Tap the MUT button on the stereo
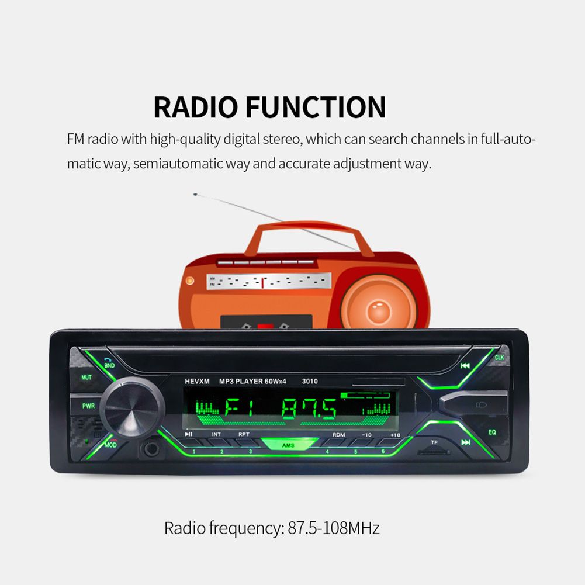point(86,378)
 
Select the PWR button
point(88,406)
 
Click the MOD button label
point(111,445)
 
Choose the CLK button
point(499,357)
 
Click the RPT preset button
point(244,435)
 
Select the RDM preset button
point(338,435)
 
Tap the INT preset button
point(216,435)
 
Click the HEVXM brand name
point(196,382)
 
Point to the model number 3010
point(310,382)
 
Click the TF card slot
point(434,452)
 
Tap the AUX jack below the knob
point(151,451)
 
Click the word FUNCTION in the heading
point(316,108)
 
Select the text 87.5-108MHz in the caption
point(334,529)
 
